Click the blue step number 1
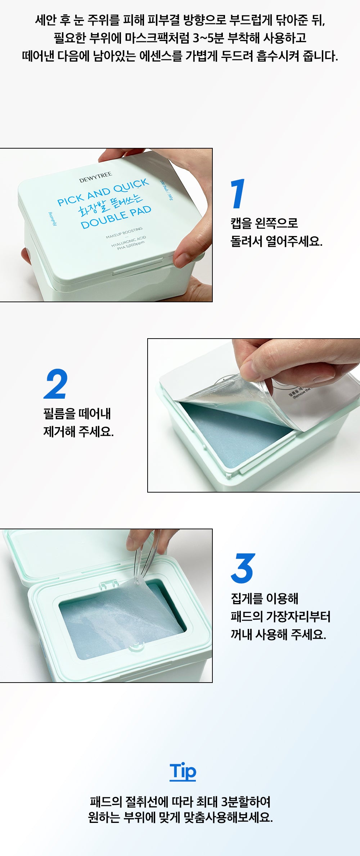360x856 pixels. [x=238, y=194]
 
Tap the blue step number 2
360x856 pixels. [x=56, y=384]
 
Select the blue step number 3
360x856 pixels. [x=243, y=569]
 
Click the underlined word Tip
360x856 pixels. [x=183, y=771]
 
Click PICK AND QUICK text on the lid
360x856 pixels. [x=103, y=192]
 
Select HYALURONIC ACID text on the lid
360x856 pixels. [x=129, y=241]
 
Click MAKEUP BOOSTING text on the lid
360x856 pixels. [x=124, y=233]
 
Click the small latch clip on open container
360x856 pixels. [x=108, y=584]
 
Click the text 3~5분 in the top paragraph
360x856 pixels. [x=208, y=38]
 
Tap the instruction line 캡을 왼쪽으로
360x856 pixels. [x=264, y=223]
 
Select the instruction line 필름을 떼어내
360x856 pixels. [x=77, y=413]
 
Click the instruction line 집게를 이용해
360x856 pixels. [x=265, y=598]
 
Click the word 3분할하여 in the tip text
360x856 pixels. [x=246, y=802]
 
